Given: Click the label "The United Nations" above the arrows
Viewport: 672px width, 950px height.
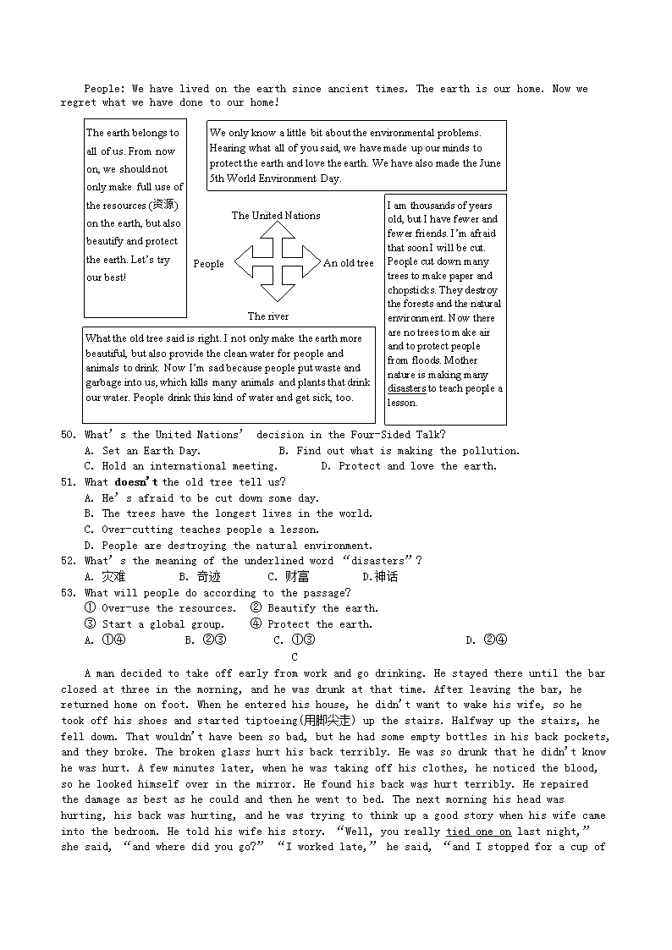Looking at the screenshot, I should (276, 216).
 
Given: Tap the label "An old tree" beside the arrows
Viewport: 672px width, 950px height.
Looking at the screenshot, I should (348, 263).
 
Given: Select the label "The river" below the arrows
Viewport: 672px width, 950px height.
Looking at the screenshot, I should (267, 316).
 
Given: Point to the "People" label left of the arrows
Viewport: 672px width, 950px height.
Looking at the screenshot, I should (208, 264).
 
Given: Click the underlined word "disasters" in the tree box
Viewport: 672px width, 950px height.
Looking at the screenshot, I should (406, 389).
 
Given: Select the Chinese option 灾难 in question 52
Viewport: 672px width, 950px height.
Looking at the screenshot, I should (113, 577).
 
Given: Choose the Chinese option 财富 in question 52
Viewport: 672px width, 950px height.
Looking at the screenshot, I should (297, 577).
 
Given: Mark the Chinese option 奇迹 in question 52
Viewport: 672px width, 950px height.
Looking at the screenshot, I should (208, 577).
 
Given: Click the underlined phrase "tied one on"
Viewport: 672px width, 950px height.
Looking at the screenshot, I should (478, 832).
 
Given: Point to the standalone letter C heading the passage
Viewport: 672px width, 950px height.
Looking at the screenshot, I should (295, 657).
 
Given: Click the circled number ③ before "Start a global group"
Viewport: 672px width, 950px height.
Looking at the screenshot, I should (91, 624).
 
